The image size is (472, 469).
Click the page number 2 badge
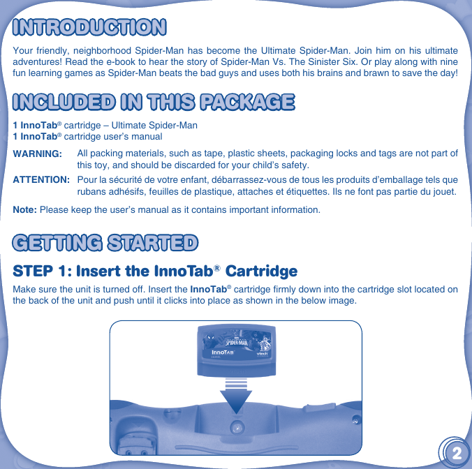tap(455, 452)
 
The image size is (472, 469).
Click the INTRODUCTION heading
tap(89, 27)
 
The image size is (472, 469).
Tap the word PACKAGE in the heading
tap(246, 101)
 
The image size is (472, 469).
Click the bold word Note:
tap(25, 210)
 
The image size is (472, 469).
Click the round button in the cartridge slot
tap(237, 426)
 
